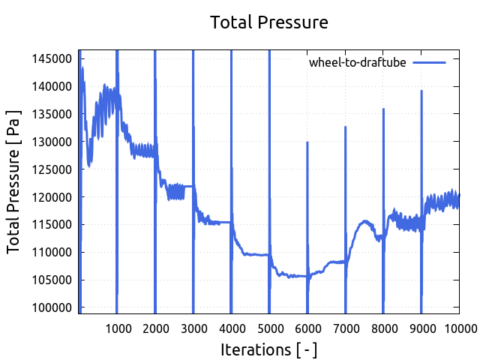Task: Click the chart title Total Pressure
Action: (269, 22)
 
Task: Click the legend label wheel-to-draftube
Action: (357, 62)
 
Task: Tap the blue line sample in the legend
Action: (430, 62)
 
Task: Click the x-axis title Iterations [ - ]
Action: (268, 349)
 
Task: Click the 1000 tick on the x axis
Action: (117, 327)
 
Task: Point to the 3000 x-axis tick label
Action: (193, 327)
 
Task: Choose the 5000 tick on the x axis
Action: (269, 327)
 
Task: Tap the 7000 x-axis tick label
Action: (346, 327)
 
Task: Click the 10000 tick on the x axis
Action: (457, 327)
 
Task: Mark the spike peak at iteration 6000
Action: (307, 142)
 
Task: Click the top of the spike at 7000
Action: (346, 127)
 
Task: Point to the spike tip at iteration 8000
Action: (383, 109)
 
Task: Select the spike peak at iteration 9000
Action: (421, 91)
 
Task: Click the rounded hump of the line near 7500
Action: (365, 221)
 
